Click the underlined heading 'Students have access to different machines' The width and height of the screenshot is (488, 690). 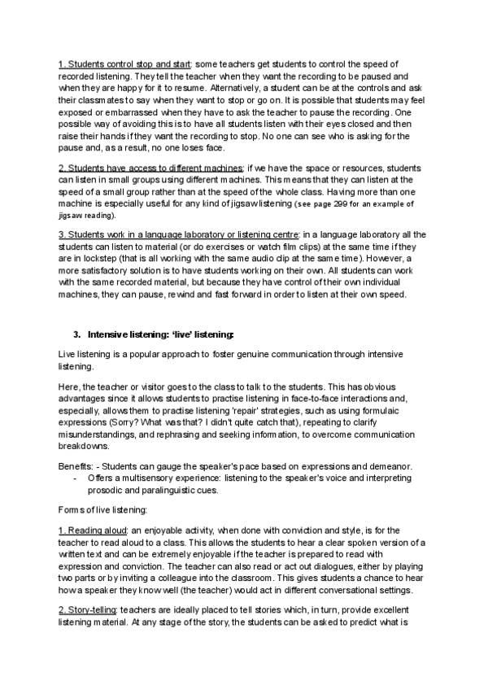coord(150,167)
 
